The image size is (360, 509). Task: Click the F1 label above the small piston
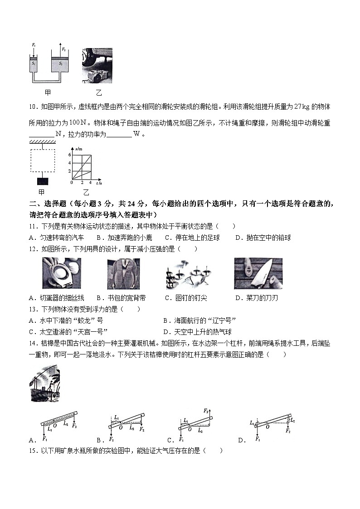tap(33, 45)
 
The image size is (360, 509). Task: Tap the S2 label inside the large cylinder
tap(60, 64)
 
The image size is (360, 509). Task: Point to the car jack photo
tap(97, 66)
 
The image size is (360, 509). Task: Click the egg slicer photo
tap(61, 273)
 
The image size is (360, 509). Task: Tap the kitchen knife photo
tap(258, 273)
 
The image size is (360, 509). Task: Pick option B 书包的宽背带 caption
tap(122, 298)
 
